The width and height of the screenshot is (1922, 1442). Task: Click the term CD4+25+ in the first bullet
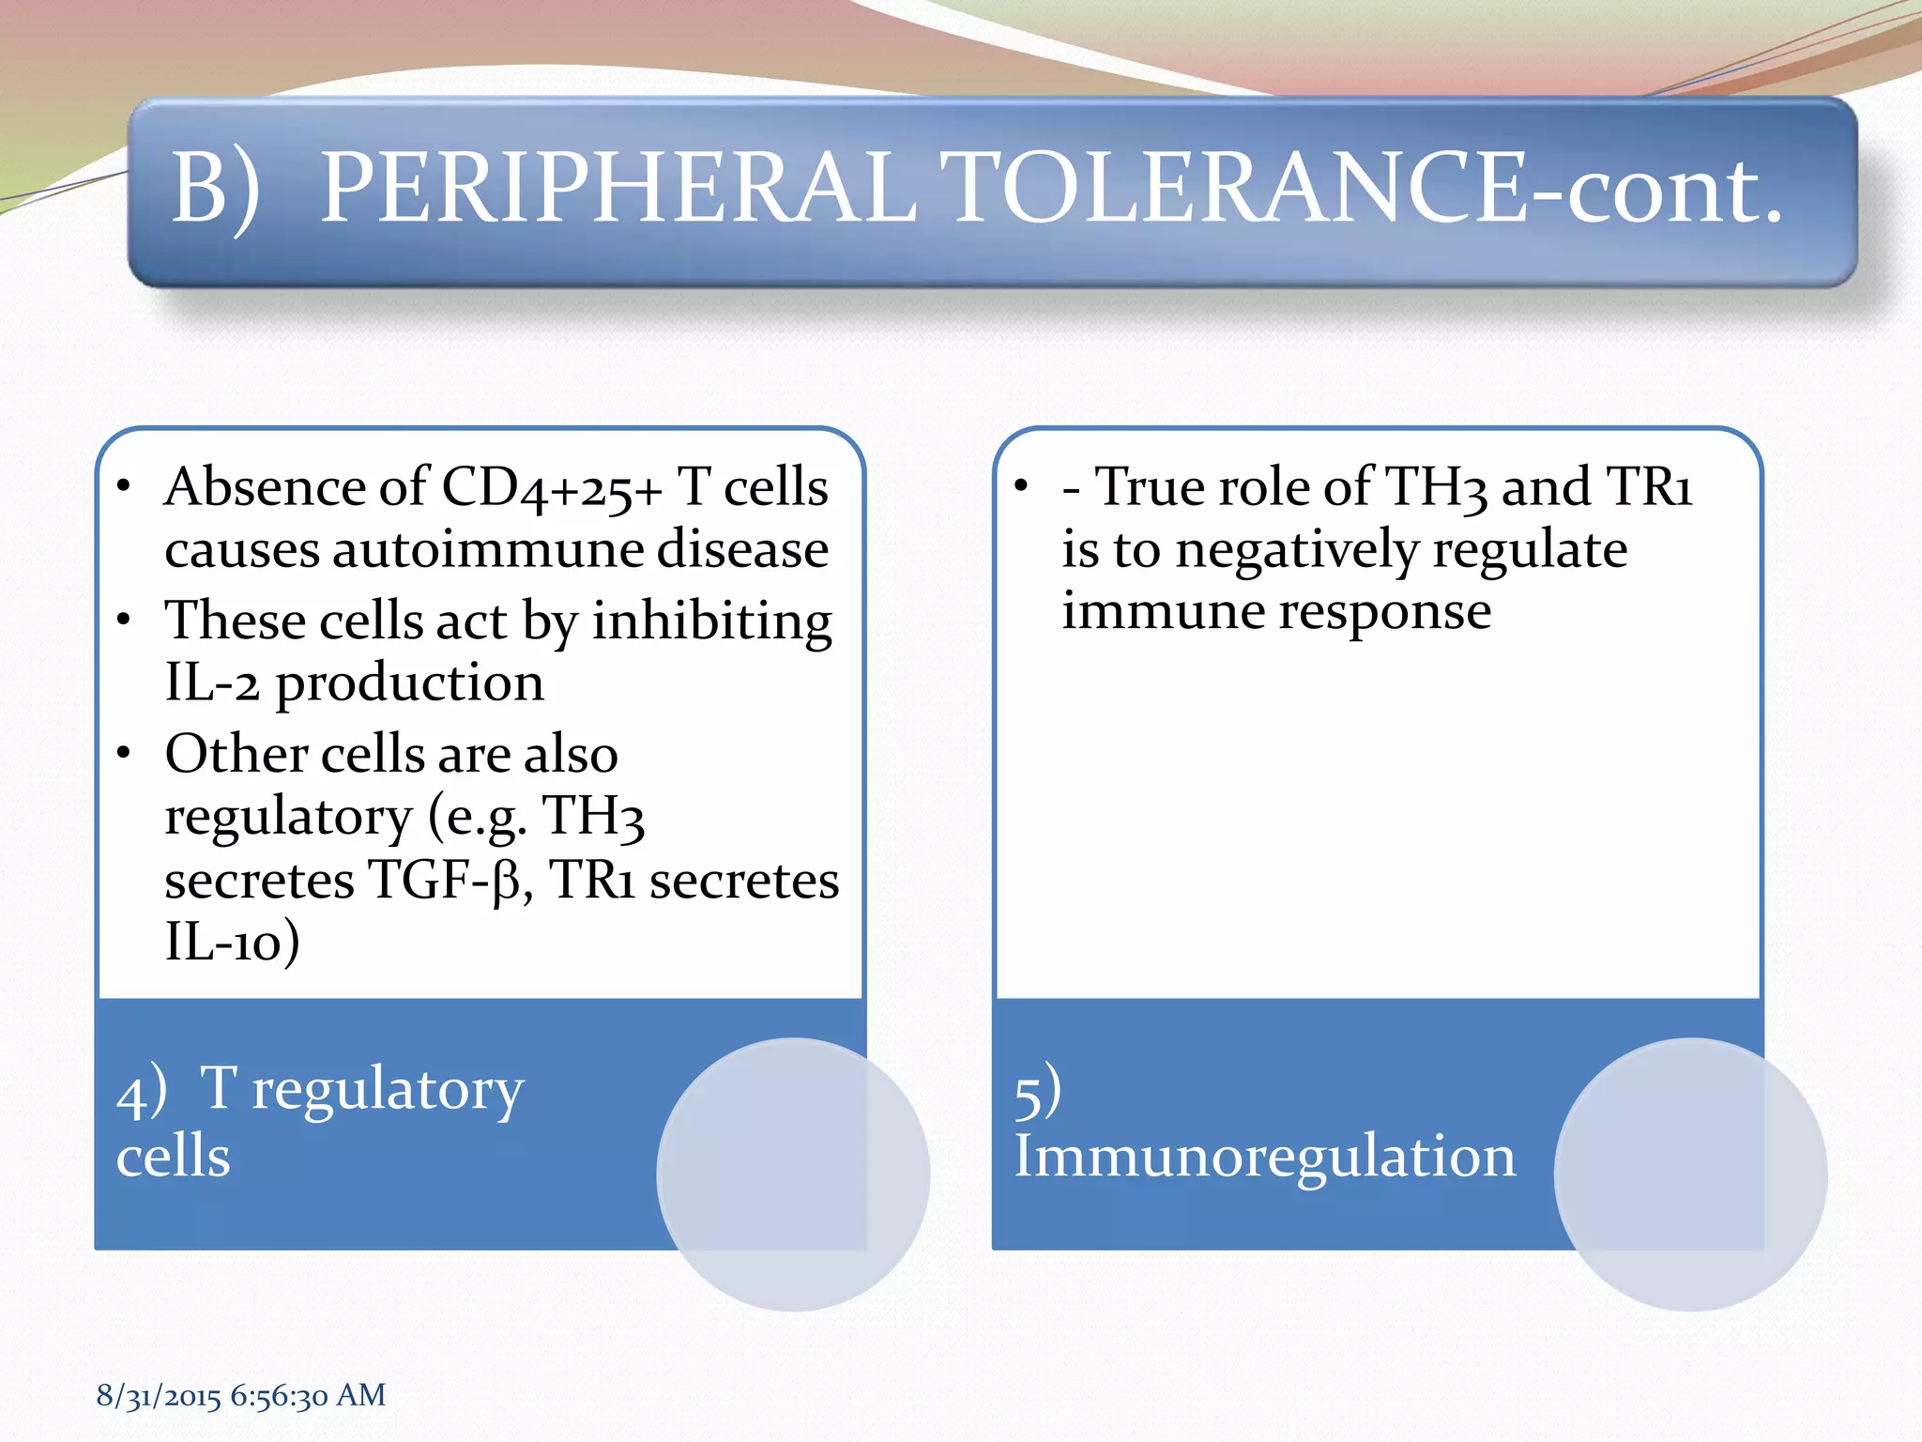[552, 488]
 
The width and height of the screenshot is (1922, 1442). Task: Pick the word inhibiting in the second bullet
[711, 621]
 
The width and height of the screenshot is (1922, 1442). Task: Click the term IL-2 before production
[211, 683]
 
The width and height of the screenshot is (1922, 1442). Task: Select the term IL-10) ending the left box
[232, 942]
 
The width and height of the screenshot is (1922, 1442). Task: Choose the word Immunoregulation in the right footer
[1264, 1156]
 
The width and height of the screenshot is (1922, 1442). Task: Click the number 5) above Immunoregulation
[1038, 1092]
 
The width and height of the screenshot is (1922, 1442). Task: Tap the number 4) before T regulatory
[142, 1092]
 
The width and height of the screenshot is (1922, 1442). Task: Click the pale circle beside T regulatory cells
[793, 1174]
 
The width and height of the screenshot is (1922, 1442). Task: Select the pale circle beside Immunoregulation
[1690, 1174]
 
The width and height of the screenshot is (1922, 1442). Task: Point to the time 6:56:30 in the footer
[279, 1396]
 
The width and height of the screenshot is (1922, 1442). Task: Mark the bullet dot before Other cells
[124, 754]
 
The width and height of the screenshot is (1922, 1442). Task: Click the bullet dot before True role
[1021, 487]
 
